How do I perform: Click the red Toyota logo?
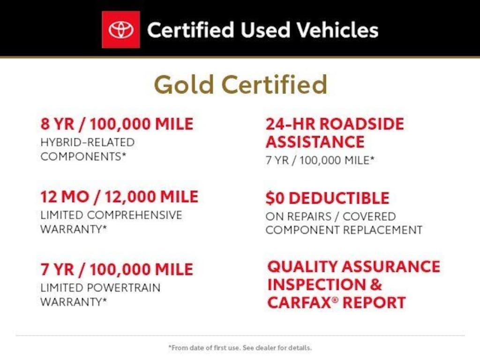[121, 30]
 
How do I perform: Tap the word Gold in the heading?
[184, 84]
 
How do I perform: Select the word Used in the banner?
[265, 30]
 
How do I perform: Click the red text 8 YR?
[58, 124]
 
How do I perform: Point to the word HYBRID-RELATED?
[88, 142]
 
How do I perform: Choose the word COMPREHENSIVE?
[135, 215]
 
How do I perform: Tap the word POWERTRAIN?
[124, 288]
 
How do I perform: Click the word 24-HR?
[290, 124]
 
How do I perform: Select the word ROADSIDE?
[362, 124]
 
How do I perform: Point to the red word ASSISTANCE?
[315, 142]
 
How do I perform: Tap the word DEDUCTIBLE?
[339, 198]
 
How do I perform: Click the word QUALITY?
[302, 267]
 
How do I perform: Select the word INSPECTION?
[316, 285]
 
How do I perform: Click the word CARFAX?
[300, 302]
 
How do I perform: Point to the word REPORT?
[374, 302]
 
